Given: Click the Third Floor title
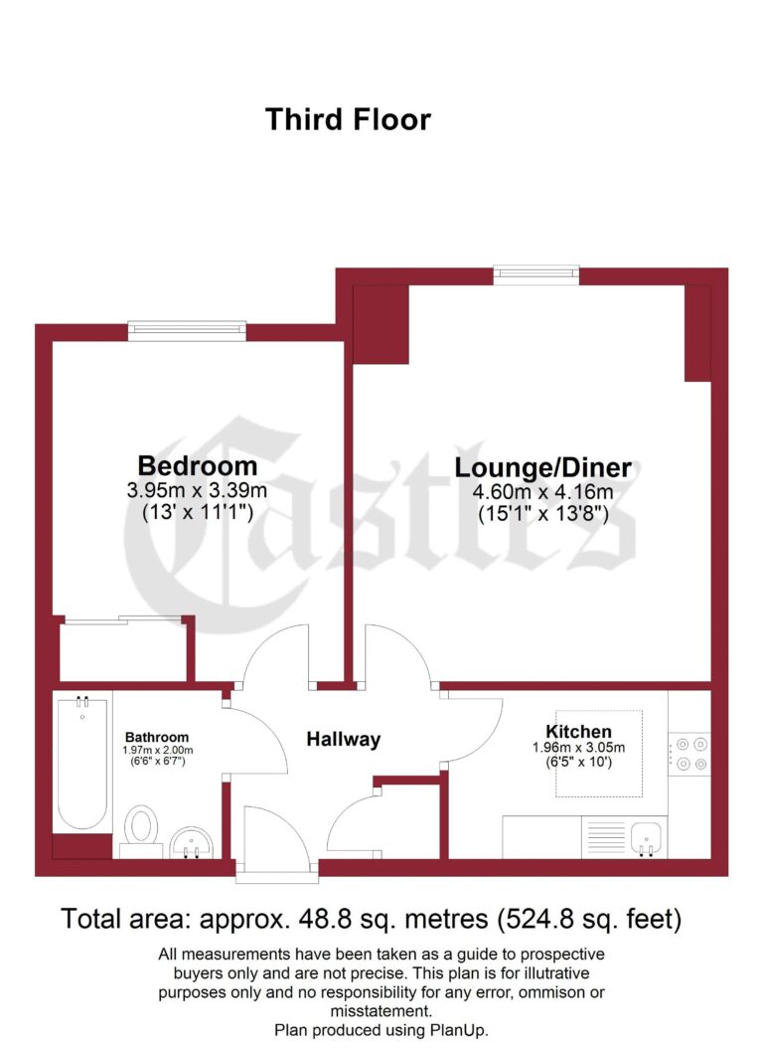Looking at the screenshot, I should [348, 120].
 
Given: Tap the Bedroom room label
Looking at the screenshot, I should [197, 465].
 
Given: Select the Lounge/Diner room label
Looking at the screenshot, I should [543, 467].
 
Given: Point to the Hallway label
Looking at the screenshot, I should [343, 740].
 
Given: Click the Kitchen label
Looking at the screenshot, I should [584, 732].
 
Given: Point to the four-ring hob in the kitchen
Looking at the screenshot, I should [689, 753].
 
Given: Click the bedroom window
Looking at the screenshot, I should [187, 331].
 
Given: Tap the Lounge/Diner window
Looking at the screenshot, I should [536, 274].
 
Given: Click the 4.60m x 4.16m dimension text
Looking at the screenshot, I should [543, 492].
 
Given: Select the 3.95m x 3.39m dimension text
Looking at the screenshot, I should [197, 490].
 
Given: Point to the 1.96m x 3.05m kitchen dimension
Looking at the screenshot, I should [584, 749].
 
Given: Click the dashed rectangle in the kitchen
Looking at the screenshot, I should [598, 755].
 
